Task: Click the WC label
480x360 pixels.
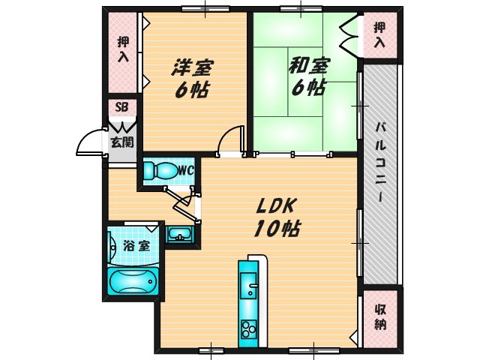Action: coord(186,170)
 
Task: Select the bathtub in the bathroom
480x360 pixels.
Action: coord(133,283)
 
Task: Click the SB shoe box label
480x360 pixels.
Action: coord(121,106)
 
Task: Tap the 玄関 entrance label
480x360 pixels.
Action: coord(121,141)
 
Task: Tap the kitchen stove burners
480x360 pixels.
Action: coord(247,328)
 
